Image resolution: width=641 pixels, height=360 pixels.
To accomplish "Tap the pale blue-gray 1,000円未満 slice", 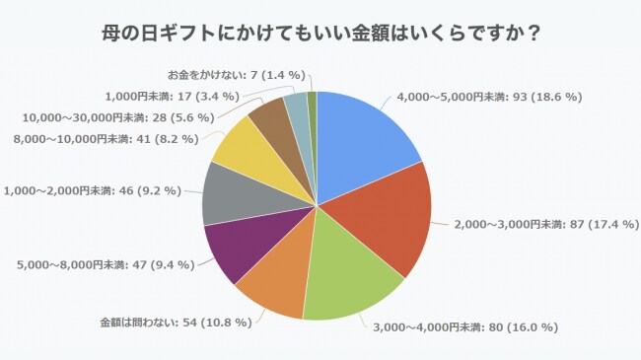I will (x=296, y=107).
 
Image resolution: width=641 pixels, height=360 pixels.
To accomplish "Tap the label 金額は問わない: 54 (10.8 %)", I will (x=177, y=323).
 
